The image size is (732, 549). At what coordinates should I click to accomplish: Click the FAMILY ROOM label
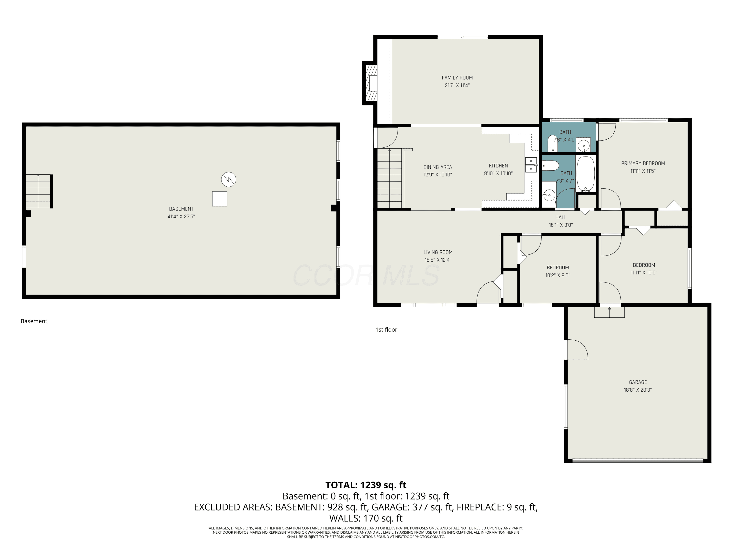[x=457, y=78]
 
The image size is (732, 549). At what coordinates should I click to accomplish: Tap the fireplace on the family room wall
[x=369, y=83]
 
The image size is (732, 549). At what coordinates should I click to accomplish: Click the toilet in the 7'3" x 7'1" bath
[x=550, y=165]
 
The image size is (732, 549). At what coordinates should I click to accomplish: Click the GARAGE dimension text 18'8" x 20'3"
[x=638, y=390]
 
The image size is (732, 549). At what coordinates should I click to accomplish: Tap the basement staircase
[x=39, y=191]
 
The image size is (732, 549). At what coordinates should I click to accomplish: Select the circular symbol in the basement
[x=229, y=179]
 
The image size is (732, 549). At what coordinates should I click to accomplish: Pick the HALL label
[x=560, y=217]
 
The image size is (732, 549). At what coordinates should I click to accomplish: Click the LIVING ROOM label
[x=438, y=252]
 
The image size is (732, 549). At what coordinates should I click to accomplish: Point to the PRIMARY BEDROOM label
[x=643, y=163]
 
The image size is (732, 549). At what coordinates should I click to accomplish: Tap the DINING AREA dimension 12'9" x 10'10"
[x=438, y=175]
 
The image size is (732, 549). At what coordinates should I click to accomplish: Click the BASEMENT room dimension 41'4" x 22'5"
[x=181, y=217]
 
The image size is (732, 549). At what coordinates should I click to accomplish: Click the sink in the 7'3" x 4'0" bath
[x=583, y=145]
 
